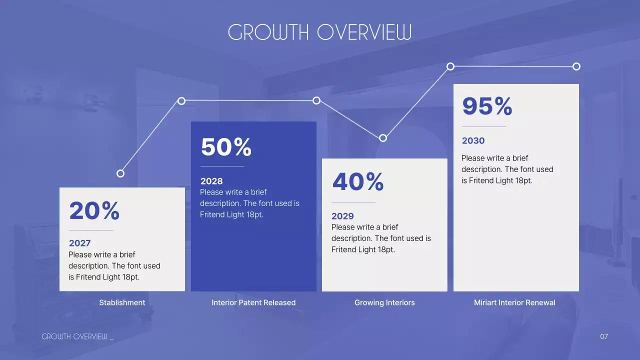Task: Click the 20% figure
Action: coord(94,210)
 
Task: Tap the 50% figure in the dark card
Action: coord(226,147)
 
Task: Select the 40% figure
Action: coord(358,181)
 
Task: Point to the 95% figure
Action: coord(487,106)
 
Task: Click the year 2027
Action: coord(79,243)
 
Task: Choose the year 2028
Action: coord(211,181)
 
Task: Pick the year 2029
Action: coord(342,216)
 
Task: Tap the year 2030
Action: coord(473,140)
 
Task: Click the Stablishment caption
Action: coord(122,302)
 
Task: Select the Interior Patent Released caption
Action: coord(253,302)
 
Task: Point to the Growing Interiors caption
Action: coord(384,302)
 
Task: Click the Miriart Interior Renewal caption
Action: coord(514,302)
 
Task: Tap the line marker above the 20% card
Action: coord(120,173)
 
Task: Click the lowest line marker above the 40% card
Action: coord(383,138)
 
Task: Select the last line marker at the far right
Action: coord(576,66)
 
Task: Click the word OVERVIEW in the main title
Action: coord(364,32)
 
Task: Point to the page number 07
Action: coord(603,336)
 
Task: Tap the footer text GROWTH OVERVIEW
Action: coord(74,336)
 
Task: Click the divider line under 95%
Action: coord(484,126)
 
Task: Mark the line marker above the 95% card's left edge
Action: coord(450,66)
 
